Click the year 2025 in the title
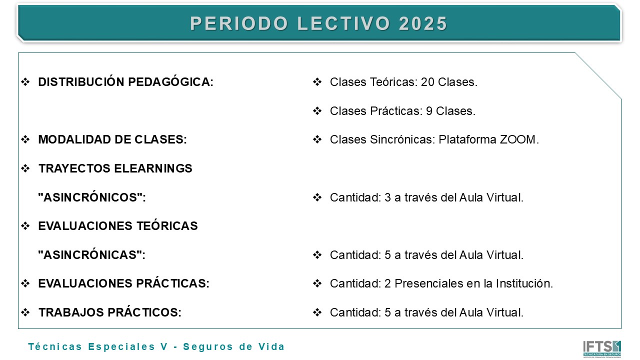[423, 24]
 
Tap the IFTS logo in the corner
[601, 348]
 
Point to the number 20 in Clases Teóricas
[427, 82]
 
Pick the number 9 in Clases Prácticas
[429, 111]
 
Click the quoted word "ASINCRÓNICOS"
[91, 197]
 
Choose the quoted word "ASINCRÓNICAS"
[91, 255]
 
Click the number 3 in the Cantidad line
[387, 197]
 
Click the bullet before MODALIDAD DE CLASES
[25, 140]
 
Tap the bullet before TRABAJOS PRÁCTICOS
[25, 313]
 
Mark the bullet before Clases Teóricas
[317, 82]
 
